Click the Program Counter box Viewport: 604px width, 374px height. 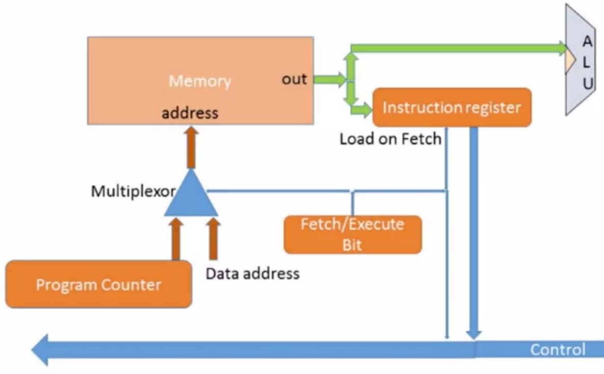(99, 284)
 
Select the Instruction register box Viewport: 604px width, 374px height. (451, 108)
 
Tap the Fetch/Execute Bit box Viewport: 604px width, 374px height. (352, 234)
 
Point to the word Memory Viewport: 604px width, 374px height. (200, 81)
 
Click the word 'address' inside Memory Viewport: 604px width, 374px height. (190, 112)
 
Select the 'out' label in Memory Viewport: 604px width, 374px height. (294, 79)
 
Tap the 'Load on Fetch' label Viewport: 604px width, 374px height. (390, 139)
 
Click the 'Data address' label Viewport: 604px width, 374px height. (252, 274)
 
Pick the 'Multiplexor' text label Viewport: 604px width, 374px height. (133, 191)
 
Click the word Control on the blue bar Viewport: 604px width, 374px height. (558, 350)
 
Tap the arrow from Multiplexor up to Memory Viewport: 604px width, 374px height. (191, 147)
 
